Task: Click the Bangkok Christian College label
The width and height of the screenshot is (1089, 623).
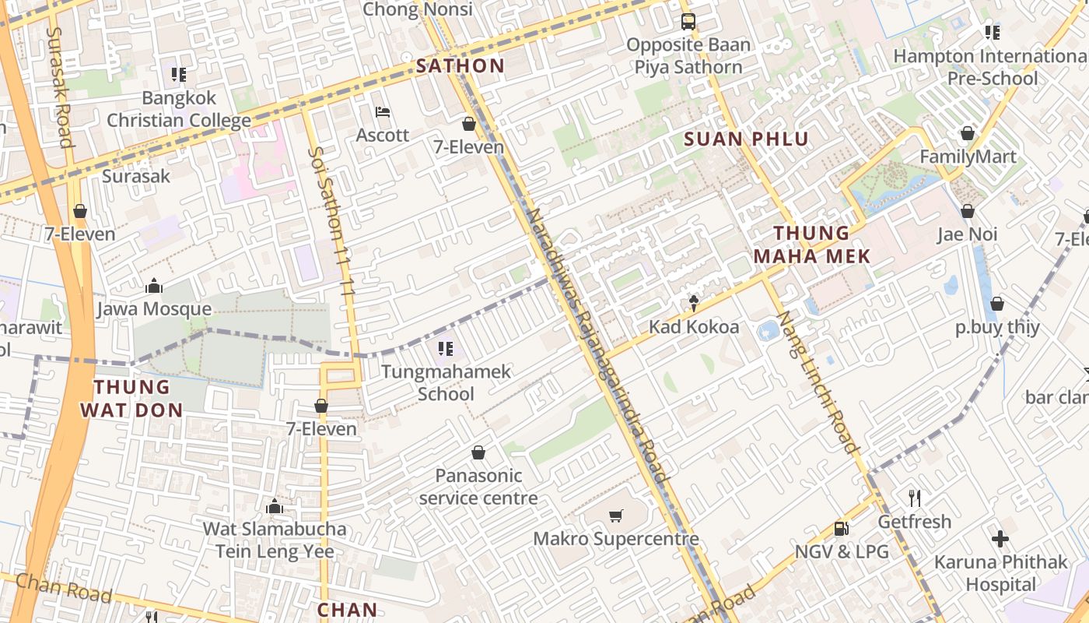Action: [x=179, y=110]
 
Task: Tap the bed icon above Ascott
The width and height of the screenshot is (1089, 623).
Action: [x=382, y=112]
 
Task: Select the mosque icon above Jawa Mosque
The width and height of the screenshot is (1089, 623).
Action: [x=153, y=286]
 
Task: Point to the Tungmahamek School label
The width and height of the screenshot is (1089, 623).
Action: [x=446, y=382]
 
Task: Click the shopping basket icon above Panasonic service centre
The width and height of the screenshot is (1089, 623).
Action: [x=478, y=452]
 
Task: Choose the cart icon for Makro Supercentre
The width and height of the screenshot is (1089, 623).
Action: [x=615, y=516]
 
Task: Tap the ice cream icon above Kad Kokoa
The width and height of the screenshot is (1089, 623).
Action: [x=694, y=303]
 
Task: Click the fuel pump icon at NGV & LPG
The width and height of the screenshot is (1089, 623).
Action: [x=841, y=529]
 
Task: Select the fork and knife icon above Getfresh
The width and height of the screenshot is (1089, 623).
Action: [x=915, y=498]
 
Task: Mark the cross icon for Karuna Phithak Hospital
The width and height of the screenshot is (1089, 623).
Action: [x=1000, y=538]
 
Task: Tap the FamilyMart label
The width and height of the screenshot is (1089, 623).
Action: [x=968, y=157]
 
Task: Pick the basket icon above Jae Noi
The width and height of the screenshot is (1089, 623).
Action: [x=968, y=211]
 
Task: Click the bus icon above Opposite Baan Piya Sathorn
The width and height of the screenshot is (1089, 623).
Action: [x=688, y=21]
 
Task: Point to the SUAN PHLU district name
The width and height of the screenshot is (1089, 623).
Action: [x=747, y=139]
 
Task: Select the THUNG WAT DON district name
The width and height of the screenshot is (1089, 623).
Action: [x=138, y=398]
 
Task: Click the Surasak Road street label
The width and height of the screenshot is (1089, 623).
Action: [x=60, y=87]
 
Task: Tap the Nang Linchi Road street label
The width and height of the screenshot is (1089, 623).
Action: [x=818, y=382]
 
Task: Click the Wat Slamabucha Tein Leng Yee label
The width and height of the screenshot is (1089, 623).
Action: [x=275, y=540]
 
